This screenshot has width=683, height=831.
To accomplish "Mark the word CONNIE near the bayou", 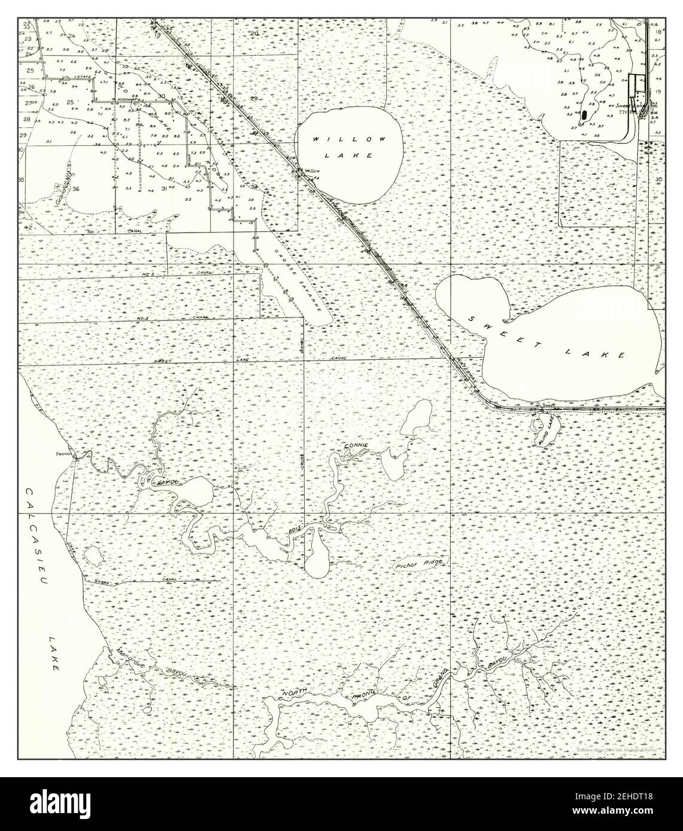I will (354, 447).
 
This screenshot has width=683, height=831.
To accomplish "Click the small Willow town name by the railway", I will (312, 170).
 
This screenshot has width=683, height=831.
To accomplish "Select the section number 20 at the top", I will (254, 33).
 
